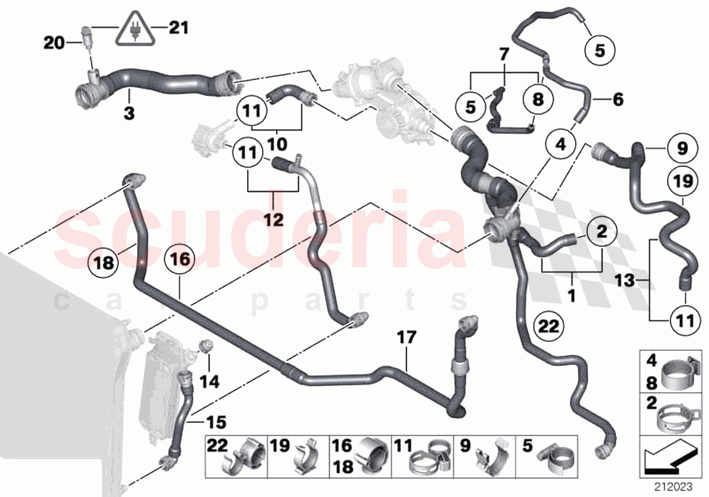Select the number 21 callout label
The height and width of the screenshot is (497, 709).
[178, 28]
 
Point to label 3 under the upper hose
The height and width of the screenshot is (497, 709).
[129, 112]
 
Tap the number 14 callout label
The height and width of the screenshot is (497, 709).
[209, 381]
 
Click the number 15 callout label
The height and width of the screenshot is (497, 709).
[216, 423]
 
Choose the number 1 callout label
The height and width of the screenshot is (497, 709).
[571, 295]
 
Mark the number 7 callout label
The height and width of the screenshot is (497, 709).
[503, 53]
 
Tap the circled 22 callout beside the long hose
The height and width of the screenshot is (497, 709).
[548, 326]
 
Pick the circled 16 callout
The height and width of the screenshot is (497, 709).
[180, 259]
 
